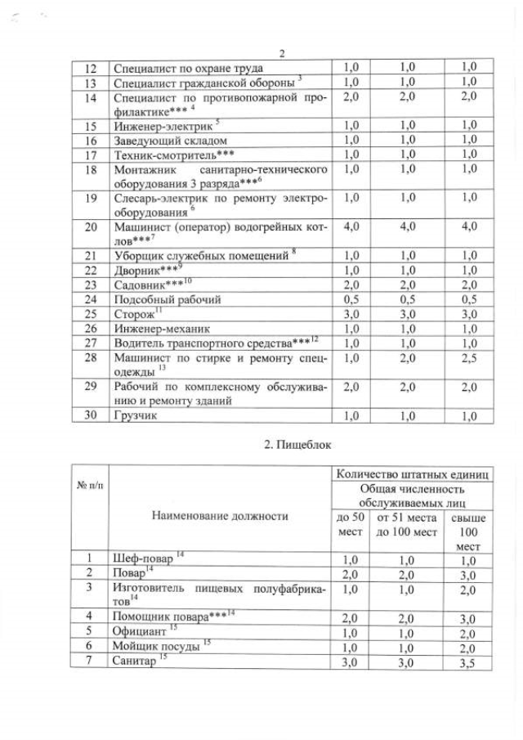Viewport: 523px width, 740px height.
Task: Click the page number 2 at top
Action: click(281, 54)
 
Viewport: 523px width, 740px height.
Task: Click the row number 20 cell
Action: click(91, 226)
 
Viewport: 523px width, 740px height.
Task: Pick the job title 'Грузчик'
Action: click(134, 415)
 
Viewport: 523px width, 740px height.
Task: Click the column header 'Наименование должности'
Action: click(219, 516)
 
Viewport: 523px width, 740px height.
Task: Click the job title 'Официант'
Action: click(140, 632)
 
